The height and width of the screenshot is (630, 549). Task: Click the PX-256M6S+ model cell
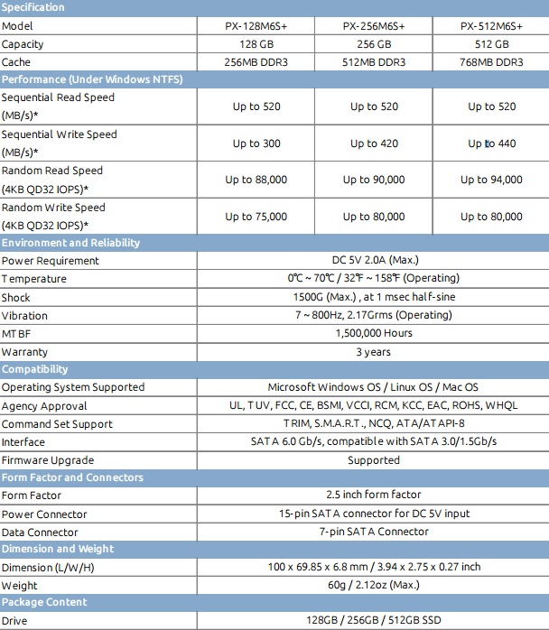[374, 26]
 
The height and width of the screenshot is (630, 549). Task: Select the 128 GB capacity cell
[256, 44]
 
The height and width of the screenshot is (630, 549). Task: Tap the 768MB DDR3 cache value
[491, 62]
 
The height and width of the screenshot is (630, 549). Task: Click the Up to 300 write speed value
[256, 144]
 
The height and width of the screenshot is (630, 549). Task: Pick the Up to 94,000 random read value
[491, 180]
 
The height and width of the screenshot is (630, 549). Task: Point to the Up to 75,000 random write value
[256, 217]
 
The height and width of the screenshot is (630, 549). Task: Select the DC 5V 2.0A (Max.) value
[374, 261]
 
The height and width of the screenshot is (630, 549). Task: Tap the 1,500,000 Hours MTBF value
[374, 333]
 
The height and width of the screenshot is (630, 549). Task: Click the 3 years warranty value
[374, 352]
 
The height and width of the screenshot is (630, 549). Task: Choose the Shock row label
[16, 298]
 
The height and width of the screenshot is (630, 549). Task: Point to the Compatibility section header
[35, 369]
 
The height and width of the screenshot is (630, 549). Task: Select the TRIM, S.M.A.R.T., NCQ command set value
[374, 424]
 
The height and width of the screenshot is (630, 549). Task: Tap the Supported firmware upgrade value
[374, 460]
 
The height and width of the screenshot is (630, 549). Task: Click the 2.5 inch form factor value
[374, 496]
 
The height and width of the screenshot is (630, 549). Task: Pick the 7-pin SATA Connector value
[374, 532]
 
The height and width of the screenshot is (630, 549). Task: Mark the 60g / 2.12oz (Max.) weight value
[374, 585]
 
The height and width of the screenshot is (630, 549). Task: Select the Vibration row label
[25, 316]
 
